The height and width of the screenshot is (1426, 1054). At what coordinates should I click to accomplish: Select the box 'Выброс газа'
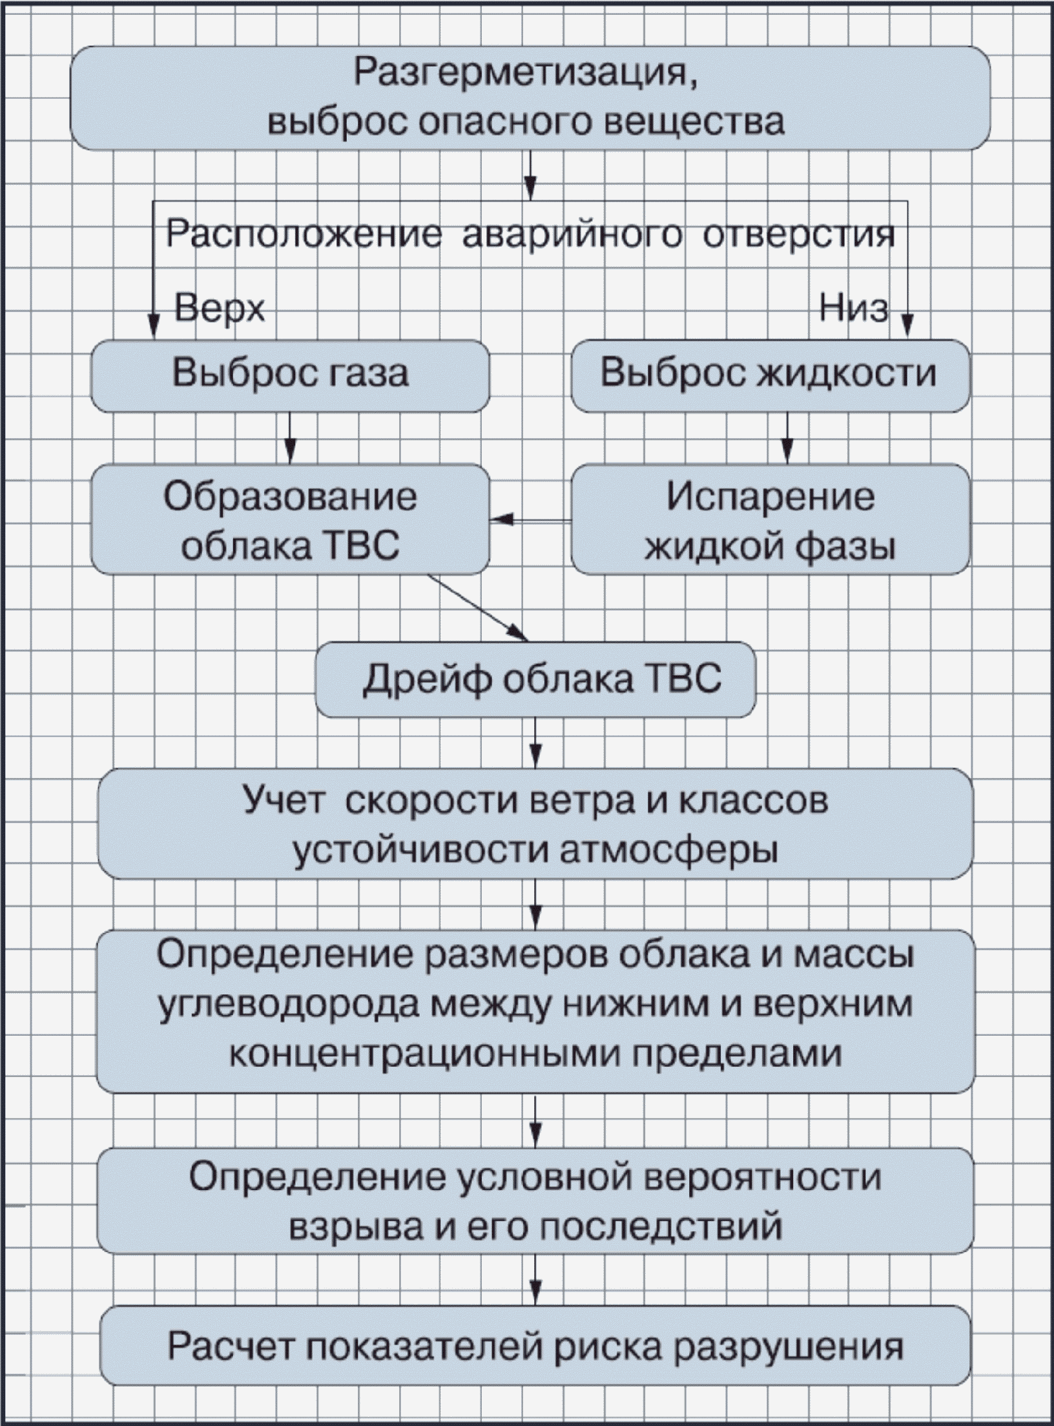pos(290,375)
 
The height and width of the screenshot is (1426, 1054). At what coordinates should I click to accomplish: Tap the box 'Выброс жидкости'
pos(770,375)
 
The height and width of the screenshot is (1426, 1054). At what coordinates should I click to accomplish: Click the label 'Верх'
pos(220,309)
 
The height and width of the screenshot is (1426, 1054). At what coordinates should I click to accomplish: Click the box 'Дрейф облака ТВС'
pos(535,679)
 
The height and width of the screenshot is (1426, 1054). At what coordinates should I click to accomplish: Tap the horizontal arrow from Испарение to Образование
pos(530,519)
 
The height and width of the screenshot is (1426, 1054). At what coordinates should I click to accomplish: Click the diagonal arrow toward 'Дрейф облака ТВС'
pos(478,607)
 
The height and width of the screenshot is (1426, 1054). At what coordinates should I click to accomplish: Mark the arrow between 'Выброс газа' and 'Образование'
pos(290,437)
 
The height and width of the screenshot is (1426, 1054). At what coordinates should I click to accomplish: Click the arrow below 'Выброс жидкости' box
pos(787,437)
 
